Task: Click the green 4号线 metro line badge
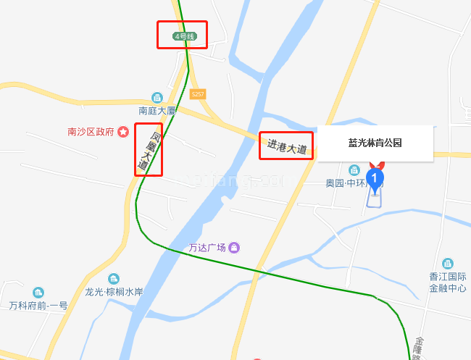click(184, 35)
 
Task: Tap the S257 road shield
click(198, 94)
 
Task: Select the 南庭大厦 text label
click(157, 111)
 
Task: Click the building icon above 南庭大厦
click(157, 98)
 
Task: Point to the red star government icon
click(123, 132)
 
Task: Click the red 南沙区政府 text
click(91, 132)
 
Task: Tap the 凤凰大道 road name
click(148, 151)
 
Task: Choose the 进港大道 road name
click(287, 147)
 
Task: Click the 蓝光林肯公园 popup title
click(375, 143)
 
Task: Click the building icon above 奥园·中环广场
click(354, 170)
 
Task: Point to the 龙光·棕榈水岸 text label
click(114, 292)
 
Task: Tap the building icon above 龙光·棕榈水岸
click(114, 279)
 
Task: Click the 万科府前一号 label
click(38, 306)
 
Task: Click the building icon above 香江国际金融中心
click(447, 264)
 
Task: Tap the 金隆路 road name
click(419, 348)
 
